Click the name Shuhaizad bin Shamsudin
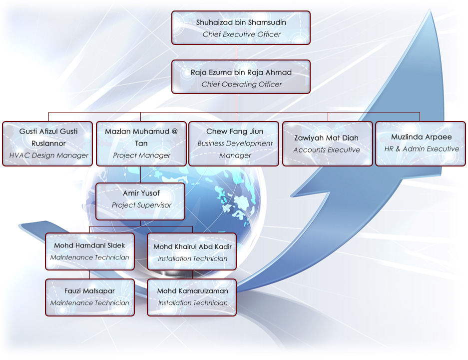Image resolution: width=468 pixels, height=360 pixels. [x=241, y=22]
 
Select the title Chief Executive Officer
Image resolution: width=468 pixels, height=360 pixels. [x=241, y=34]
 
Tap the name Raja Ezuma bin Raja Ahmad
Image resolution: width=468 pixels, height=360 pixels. [x=241, y=72]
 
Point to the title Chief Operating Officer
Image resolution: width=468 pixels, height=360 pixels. [x=241, y=84]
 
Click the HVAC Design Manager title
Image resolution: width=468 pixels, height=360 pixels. [x=48, y=155]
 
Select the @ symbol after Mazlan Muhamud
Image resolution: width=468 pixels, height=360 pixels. [x=175, y=131]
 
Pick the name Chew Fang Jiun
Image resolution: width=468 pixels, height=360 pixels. [x=235, y=131]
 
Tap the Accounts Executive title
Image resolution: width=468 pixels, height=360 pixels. [x=327, y=149]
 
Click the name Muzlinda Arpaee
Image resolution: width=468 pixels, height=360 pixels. [x=422, y=137]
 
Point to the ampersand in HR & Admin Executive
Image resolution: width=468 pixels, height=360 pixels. [x=398, y=149]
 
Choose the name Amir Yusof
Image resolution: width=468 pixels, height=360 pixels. [x=141, y=193]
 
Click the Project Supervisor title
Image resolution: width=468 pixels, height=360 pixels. [x=141, y=205]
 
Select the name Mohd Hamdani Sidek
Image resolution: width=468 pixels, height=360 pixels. [x=89, y=245]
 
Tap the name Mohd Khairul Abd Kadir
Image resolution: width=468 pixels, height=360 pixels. [x=192, y=246]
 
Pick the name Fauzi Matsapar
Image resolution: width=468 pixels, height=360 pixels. [x=89, y=290]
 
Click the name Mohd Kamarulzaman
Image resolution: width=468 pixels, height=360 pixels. [x=192, y=290]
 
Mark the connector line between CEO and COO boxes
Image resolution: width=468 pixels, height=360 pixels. [x=236, y=52]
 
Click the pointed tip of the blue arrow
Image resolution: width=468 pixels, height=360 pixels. [x=430, y=9]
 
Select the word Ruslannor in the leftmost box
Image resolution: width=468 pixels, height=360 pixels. [x=48, y=143]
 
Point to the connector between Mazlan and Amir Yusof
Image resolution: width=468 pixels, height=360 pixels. [x=140, y=174]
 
